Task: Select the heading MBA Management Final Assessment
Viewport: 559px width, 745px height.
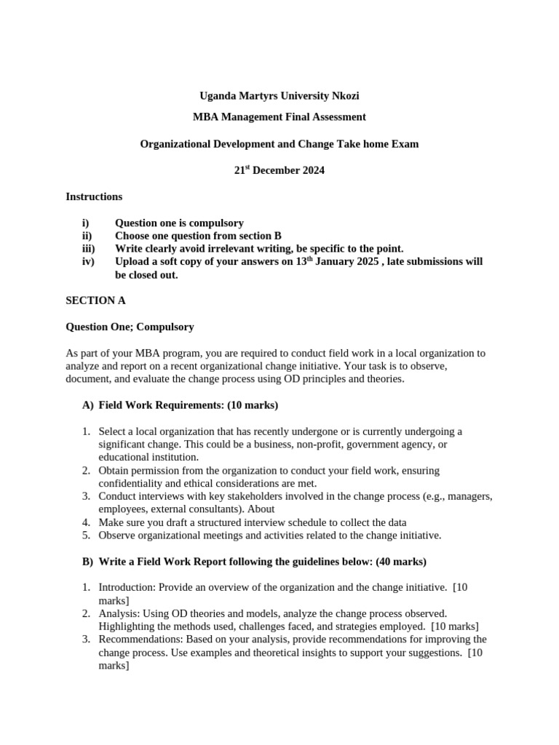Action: pyautogui.click(x=279, y=116)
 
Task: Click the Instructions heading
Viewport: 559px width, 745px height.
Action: pyautogui.click(x=94, y=196)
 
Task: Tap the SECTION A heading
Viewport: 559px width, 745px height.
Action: pyautogui.click(x=91, y=300)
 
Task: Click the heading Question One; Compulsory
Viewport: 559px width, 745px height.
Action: pyautogui.click(x=130, y=327)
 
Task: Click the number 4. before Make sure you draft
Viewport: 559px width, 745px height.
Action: pyautogui.click(x=85, y=523)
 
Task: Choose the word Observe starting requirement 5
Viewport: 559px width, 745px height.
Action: pyautogui.click(x=117, y=536)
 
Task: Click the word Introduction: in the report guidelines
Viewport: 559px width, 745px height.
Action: pyautogui.click(x=127, y=588)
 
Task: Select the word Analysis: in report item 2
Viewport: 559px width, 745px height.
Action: pyautogui.click(x=118, y=614)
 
